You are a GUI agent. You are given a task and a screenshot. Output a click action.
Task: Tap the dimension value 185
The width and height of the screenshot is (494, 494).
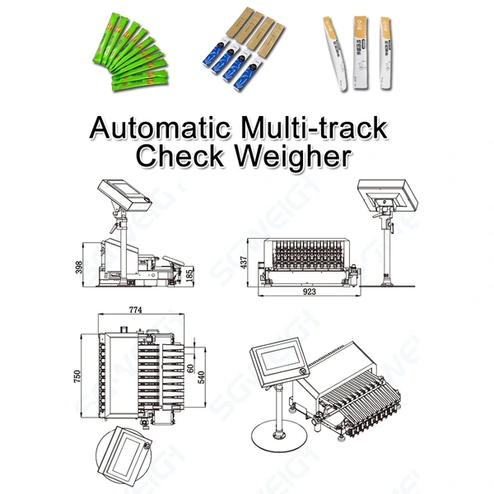pos(192,273)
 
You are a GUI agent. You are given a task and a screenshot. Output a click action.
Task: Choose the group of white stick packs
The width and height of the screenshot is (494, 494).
pos(355,51)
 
